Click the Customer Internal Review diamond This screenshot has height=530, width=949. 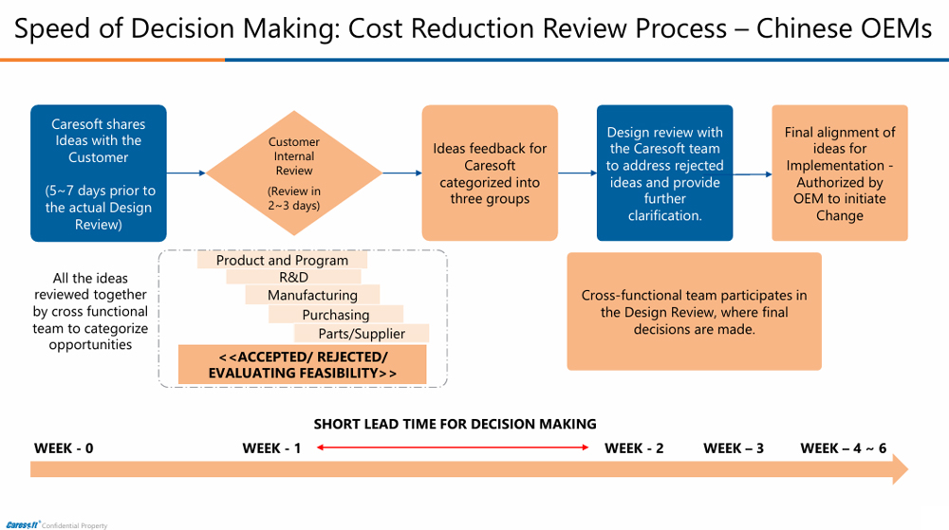[294, 173]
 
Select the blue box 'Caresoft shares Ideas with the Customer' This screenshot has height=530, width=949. [98, 173]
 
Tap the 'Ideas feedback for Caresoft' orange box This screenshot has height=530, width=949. [490, 173]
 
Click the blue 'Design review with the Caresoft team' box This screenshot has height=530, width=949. [664, 173]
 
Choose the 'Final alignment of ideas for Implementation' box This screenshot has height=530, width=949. [839, 173]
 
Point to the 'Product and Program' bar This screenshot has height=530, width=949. [282, 260]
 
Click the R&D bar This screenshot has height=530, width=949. [293, 277]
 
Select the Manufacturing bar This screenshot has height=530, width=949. [312, 295]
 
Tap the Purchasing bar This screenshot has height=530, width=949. [336, 315]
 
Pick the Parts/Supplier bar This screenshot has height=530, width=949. [362, 334]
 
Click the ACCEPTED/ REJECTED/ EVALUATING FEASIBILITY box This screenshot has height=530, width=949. [303, 365]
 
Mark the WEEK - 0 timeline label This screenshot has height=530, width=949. [64, 448]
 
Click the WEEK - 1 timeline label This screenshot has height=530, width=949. [271, 448]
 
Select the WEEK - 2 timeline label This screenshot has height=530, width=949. [634, 448]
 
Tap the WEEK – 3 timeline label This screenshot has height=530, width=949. [734, 448]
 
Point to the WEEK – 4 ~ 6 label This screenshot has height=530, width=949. [844, 448]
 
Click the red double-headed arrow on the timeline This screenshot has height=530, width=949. [453, 448]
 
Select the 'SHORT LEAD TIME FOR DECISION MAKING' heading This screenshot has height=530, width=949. [456, 424]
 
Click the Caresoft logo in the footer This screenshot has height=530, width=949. [21, 524]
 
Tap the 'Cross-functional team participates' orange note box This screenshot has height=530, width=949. [694, 311]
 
